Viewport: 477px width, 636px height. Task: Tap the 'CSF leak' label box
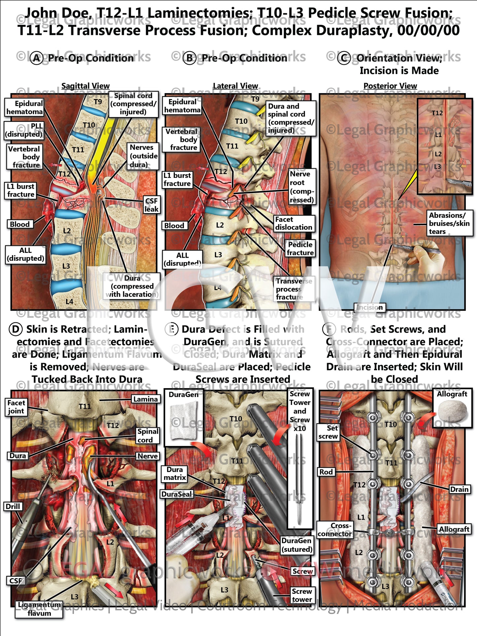click(151, 205)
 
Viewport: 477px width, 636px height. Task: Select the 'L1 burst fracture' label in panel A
click(20, 190)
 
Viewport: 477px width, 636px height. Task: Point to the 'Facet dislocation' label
click(293, 223)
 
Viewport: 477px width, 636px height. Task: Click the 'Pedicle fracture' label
click(300, 249)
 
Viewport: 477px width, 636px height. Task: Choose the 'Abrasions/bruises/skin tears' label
click(449, 223)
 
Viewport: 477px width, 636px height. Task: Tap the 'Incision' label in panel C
click(369, 307)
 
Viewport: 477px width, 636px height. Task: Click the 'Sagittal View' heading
click(85, 86)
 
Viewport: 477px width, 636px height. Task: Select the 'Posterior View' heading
click(390, 86)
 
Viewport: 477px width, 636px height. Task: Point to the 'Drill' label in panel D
click(13, 506)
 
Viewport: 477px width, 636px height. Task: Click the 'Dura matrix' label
click(175, 473)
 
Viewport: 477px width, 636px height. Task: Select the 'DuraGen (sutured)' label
click(296, 545)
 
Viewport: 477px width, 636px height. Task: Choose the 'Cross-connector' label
click(334, 530)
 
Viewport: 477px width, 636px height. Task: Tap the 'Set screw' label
click(328, 432)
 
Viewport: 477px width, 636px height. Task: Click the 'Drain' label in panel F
click(459, 489)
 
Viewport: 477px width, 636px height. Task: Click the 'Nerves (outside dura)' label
click(144, 156)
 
